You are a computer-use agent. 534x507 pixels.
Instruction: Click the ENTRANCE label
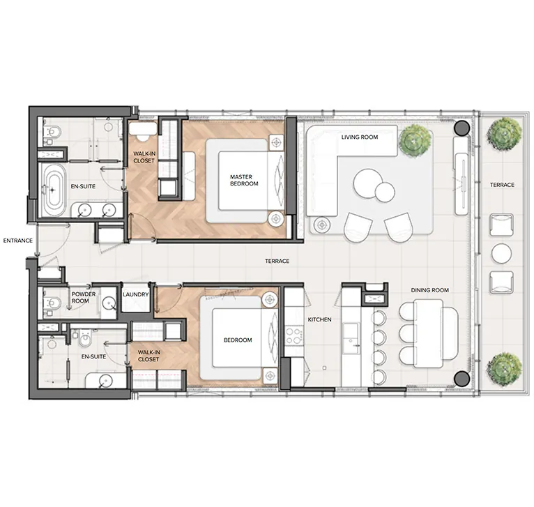click(x=17, y=241)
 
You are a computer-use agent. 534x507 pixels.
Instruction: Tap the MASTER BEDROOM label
click(x=244, y=180)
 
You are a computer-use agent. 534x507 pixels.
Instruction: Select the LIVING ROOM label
click(x=359, y=137)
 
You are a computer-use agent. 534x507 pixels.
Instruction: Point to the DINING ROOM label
click(x=430, y=290)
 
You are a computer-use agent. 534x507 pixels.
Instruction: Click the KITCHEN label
click(x=320, y=319)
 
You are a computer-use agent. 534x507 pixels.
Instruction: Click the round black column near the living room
click(x=461, y=128)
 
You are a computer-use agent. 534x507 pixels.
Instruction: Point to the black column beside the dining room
click(x=461, y=379)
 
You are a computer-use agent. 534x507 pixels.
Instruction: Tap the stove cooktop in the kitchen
click(x=293, y=335)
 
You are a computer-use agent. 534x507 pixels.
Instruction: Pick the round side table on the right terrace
click(x=501, y=253)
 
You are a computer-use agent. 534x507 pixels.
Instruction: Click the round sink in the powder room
click(x=109, y=303)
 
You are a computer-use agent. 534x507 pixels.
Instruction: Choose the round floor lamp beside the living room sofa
click(x=321, y=225)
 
